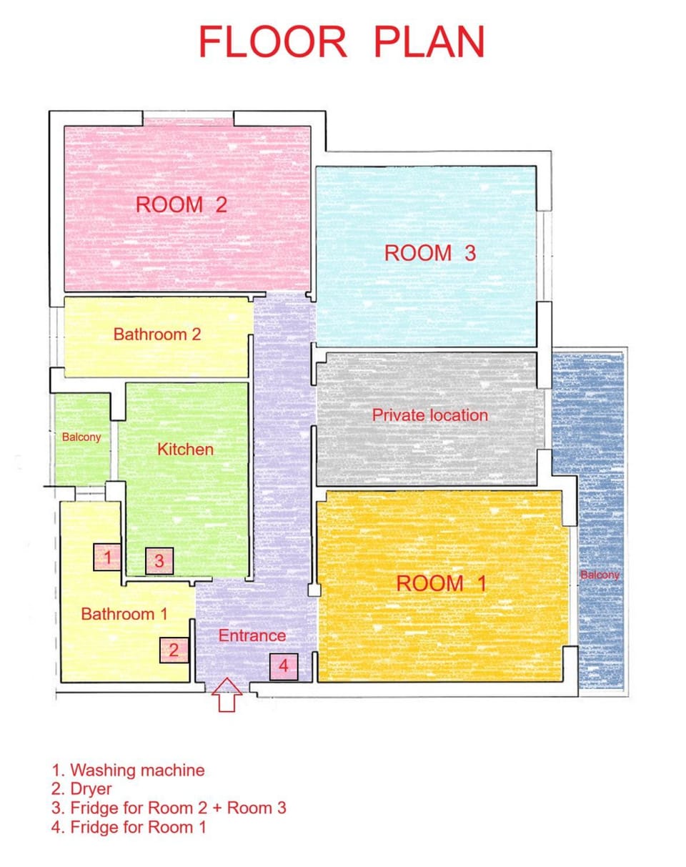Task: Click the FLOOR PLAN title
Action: (x=342, y=42)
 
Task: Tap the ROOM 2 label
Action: (x=182, y=204)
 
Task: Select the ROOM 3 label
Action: (x=429, y=253)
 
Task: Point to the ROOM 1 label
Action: (x=441, y=583)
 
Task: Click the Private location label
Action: (x=429, y=415)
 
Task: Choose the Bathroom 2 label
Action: (x=157, y=334)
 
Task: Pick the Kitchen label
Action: (x=185, y=450)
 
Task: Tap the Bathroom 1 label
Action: (x=124, y=614)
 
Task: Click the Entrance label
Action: (x=252, y=635)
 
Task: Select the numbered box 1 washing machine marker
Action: (x=107, y=557)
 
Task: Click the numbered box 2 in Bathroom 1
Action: (x=174, y=650)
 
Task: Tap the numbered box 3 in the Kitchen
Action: (x=159, y=561)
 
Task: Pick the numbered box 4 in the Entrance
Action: (x=283, y=667)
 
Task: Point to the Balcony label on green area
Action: (x=81, y=437)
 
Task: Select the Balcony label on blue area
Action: (x=600, y=575)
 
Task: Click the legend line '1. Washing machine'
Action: (x=128, y=770)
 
